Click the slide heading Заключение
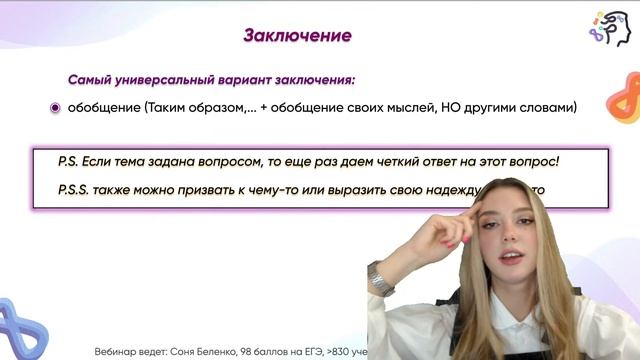coord(297,37)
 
